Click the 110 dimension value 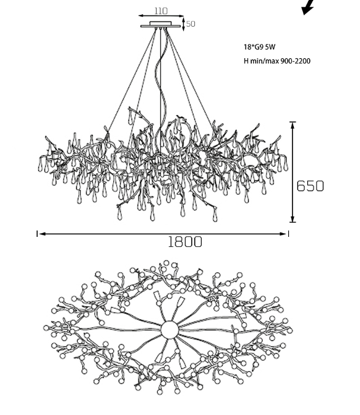pos(161,11)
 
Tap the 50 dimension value pos(191,24)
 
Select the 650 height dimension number pos(310,186)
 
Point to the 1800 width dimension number pos(185,242)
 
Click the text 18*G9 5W pos(259,47)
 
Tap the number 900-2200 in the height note pos(296,61)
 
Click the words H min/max pos(261,61)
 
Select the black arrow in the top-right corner pos(308,7)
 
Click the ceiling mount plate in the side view pos(160,25)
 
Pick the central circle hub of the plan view pos(169,330)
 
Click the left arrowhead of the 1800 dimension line pos(42,234)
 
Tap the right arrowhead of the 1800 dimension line pos(283,234)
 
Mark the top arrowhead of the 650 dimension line pos(293,126)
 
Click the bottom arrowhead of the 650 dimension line pos(293,218)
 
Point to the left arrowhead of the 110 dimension pos(142,16)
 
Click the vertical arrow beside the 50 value pos(184,24)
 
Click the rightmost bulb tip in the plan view pos(289,330)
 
